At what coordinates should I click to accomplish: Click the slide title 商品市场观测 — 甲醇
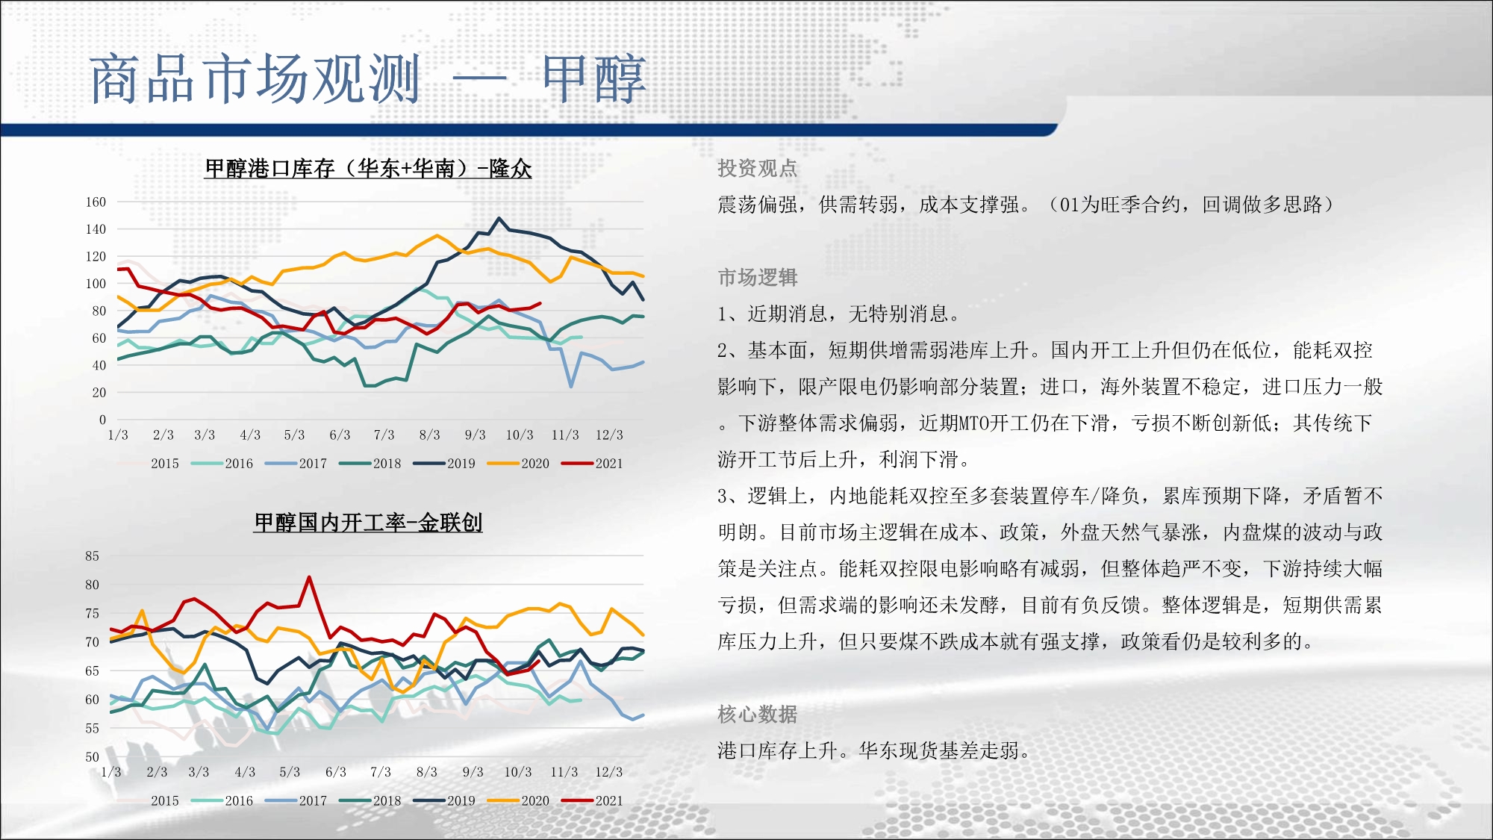[367, 78]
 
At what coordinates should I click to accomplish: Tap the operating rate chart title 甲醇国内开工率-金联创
[368, 523]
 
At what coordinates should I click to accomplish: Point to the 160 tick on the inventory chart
[96, 202]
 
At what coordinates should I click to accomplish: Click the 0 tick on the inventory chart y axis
[102, 420]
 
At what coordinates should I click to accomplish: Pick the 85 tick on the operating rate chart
[92, 556]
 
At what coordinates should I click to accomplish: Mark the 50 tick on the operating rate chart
[92, 757]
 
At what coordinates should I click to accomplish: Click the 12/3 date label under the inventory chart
[609, 435]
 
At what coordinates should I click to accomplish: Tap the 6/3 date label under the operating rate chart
[336, 772]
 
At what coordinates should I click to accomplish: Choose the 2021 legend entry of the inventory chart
[592, 464]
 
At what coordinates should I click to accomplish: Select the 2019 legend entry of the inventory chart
[444, 464]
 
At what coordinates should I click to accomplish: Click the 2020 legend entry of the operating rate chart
[518, 801]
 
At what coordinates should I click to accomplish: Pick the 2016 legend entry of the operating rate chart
[222, 801]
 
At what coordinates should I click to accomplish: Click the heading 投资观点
[758, 169]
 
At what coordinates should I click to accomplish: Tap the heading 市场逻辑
[758, 278]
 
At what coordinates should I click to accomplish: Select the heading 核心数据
[758, 715]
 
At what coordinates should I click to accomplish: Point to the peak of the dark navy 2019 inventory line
[499, 219]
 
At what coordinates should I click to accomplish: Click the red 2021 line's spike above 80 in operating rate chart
[309, 577]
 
